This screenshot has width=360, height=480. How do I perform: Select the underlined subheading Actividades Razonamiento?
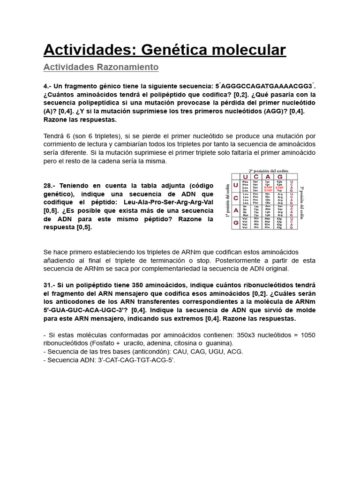coord(101,67)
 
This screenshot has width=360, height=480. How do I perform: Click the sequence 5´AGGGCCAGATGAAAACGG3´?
coord(265,86)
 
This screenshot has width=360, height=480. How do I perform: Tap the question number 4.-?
coord(47,86)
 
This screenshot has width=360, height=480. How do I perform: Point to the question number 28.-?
coord(49,185)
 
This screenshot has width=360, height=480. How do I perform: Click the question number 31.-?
coord(49,285)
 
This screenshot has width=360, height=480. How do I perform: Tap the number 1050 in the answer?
coord(307,335)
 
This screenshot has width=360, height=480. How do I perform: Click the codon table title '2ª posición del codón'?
coord(268,171)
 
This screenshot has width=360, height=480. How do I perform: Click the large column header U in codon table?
coord(245,177)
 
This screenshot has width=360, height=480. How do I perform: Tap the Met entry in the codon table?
coord(244,215)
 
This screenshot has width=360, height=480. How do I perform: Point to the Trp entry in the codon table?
coord(279,191)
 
